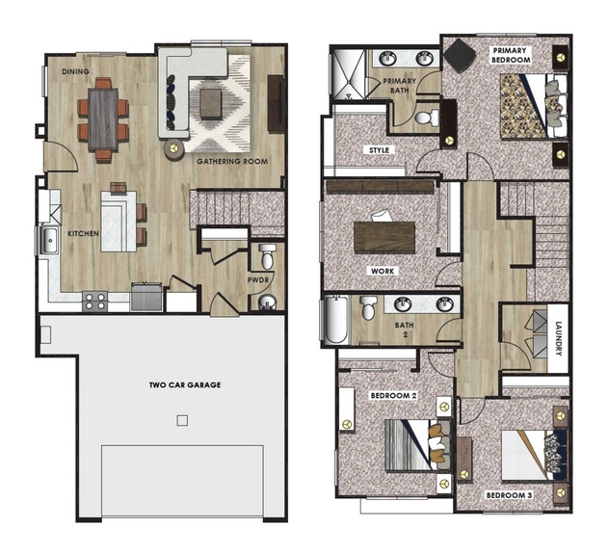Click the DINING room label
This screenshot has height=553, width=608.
coord(75,71)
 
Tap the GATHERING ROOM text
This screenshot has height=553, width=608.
coord(232,161)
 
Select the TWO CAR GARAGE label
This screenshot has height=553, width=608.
coord(185,385)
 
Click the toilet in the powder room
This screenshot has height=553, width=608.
coord(267,256)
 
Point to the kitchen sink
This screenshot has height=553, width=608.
coord(50,241)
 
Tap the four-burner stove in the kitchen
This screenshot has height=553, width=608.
coord(95,301)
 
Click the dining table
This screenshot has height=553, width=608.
coord(103,119)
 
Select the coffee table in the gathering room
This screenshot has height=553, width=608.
coord(211,103)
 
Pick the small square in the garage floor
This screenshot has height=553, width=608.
coord(182,420)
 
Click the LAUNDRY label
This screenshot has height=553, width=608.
coord(558,338)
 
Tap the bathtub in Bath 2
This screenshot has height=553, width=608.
coord(335,320)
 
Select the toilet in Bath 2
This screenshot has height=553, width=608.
coord(367,307)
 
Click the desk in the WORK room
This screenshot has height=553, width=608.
coord(384,237)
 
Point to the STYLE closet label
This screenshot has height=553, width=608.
coord(380,150)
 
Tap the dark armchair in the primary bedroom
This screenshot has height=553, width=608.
coord(460,56)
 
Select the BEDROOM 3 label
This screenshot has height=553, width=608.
coord(509,495)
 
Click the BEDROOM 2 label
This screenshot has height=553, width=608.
coord(393,396)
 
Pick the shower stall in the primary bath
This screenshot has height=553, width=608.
coord(348,74)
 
